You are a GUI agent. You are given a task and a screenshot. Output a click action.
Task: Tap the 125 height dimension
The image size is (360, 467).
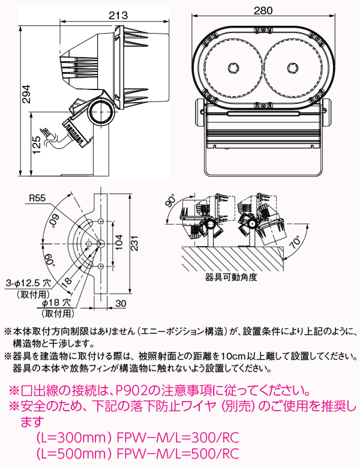tap(37, 145)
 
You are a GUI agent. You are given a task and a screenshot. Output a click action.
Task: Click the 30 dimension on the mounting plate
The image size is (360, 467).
tap(120, 304)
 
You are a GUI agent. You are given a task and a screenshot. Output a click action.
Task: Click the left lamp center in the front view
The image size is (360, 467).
tap(234, 67)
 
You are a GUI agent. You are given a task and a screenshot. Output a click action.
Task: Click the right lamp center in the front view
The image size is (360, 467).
tap(292, 67)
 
